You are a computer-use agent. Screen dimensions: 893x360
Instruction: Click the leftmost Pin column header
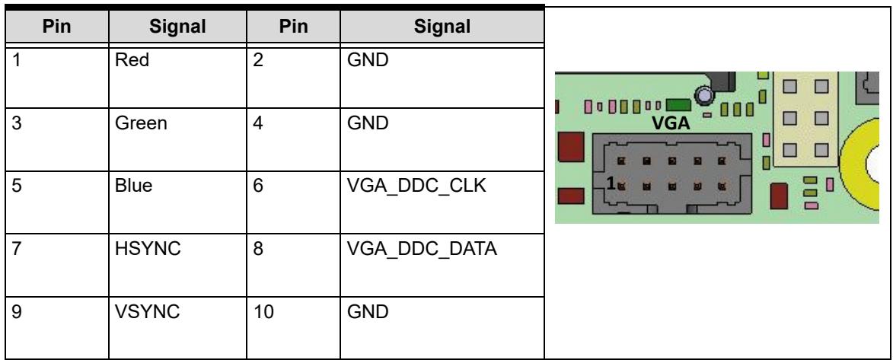click(x=56, y=26)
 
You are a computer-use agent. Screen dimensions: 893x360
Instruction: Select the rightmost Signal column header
click(x=442, y=26)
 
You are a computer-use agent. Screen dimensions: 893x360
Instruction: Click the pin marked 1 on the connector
click(x=621, y=185)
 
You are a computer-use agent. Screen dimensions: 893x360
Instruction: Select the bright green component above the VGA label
click(x=678, y=105)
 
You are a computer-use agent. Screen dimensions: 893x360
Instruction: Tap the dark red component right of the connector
click(x=779, y=196)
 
